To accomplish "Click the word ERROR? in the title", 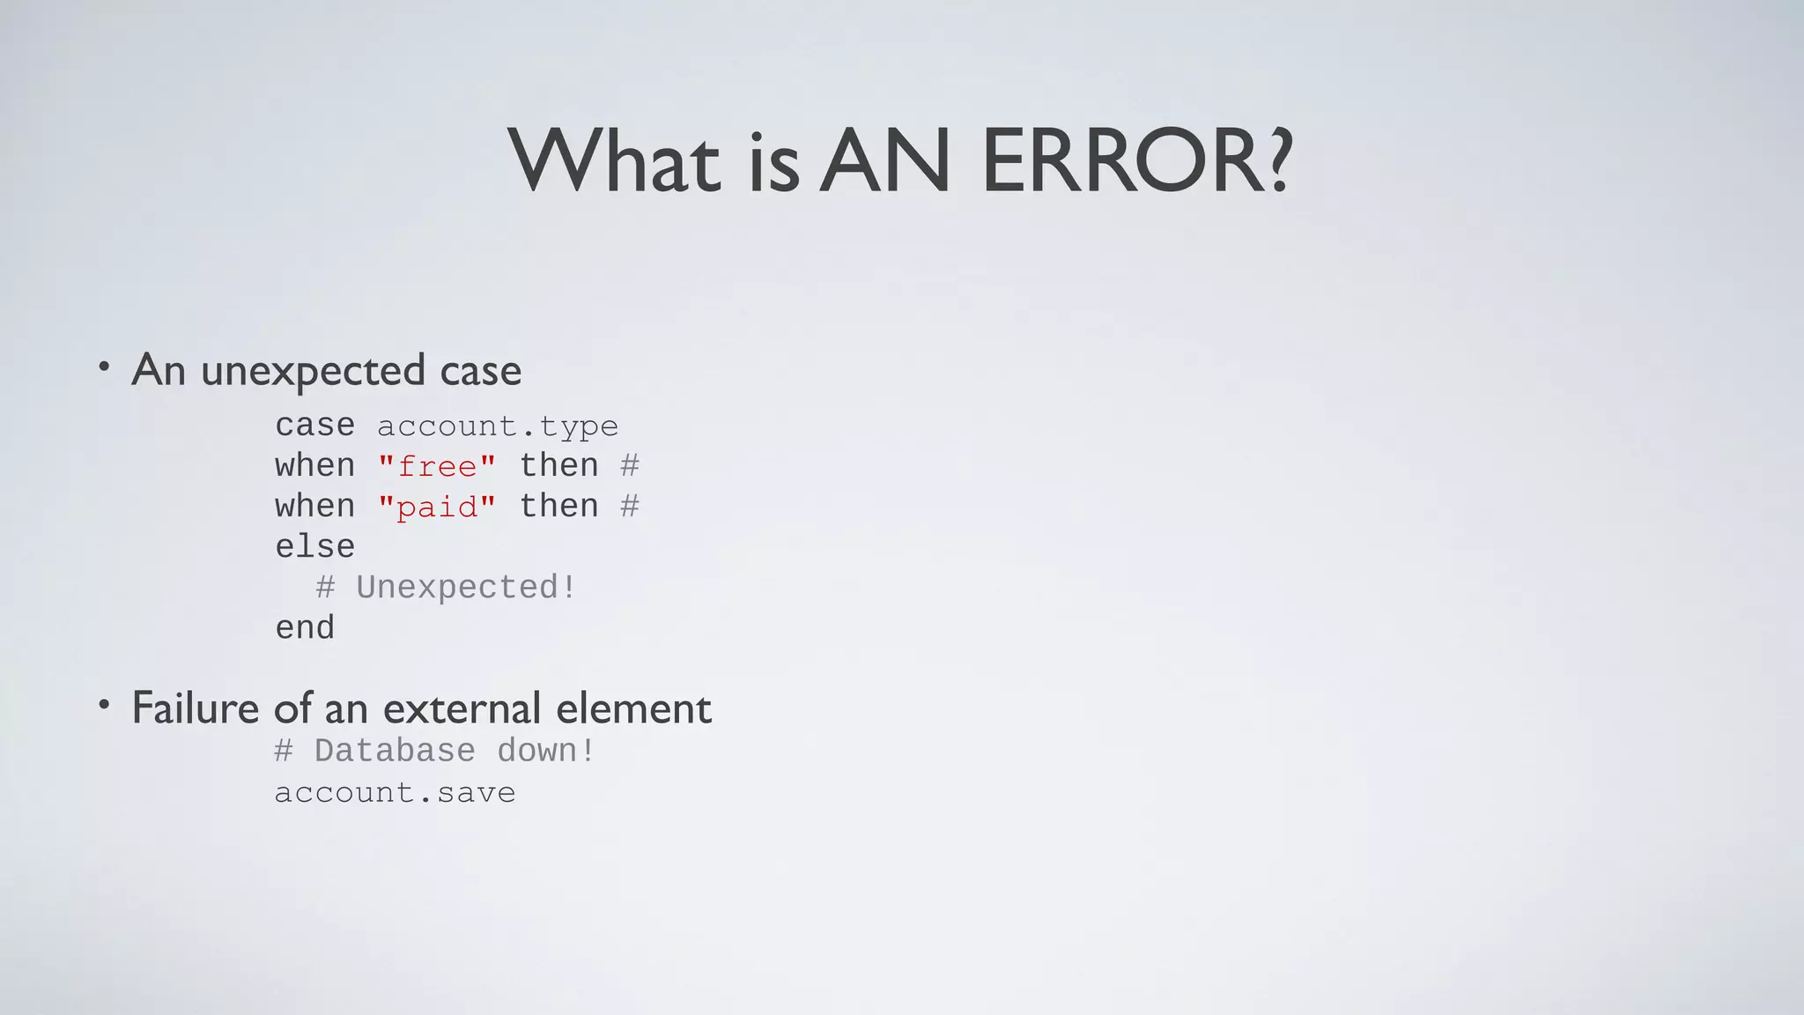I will point(1136,161).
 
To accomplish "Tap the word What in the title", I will point(614,161).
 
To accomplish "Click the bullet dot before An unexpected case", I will point(104,366).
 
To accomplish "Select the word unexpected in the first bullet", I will point(313,371).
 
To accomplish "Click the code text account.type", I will point(498,426).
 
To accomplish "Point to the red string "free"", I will point(437,466).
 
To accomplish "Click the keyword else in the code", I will point(314,547).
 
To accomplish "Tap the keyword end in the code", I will point(305,628).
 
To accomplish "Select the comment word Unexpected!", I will point(466,588).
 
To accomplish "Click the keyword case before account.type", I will point(314,426).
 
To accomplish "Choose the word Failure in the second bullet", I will point(196,708).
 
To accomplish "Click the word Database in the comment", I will point(395,752).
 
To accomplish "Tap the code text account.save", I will point(395,793).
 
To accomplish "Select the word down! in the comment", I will point(546,752).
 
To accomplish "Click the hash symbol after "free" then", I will point(630,465).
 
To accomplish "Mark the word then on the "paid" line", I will point(558,507).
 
